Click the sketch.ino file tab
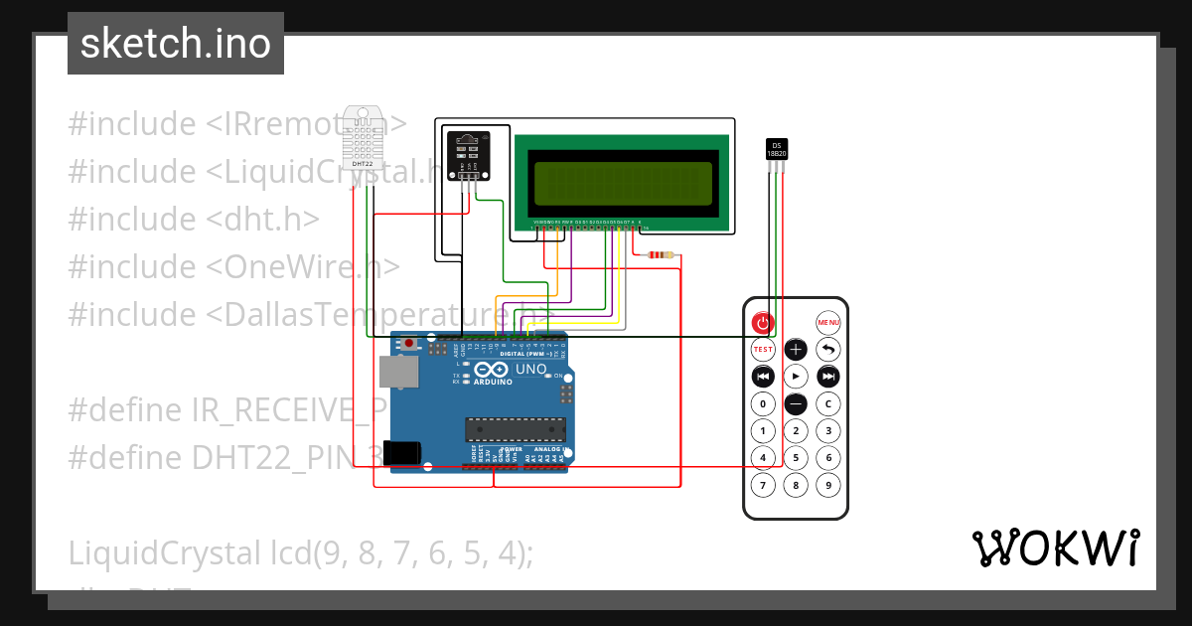(176, 44)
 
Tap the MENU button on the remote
(828, 322)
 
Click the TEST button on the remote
(762, 349)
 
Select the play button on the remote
(796, 377)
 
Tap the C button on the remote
(828, 404)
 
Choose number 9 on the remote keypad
(828, 485)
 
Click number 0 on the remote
(762, 404)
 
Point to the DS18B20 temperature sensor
(777, 149)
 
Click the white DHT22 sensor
(362, 137)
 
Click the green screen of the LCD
(625, 182)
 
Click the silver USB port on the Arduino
(399, 371)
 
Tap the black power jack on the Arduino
(401, 454)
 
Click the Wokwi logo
(1055, 548)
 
